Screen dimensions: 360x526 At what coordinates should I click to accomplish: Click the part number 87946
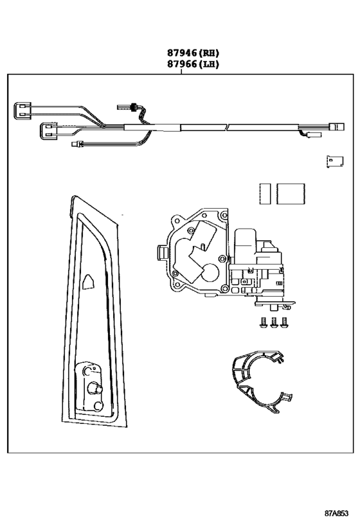182,53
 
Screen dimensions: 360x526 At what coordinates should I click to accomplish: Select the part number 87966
182,64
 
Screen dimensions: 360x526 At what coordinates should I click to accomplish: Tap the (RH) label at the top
209,53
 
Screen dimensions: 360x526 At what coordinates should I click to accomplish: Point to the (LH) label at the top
209,64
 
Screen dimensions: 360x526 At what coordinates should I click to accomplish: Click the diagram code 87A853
336,513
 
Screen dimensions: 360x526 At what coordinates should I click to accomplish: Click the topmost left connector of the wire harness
22,110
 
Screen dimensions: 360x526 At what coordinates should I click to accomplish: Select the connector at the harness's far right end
337,127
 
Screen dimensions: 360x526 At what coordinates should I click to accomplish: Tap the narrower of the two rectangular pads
265,193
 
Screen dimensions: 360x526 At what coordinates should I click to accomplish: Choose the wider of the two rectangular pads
291,193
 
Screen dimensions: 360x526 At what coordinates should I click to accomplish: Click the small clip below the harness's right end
335,161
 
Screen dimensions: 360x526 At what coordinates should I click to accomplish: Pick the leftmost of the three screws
264,322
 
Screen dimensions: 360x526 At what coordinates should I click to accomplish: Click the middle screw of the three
274,322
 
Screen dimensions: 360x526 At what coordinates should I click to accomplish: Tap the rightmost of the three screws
284,322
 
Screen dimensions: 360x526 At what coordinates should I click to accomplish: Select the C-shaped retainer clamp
239,382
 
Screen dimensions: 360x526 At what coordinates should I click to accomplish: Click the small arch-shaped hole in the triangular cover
88,281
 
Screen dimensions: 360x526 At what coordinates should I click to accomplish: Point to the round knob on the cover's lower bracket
95,389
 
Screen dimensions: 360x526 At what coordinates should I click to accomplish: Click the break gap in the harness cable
227,127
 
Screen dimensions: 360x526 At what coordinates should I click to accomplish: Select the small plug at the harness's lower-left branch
76,145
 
